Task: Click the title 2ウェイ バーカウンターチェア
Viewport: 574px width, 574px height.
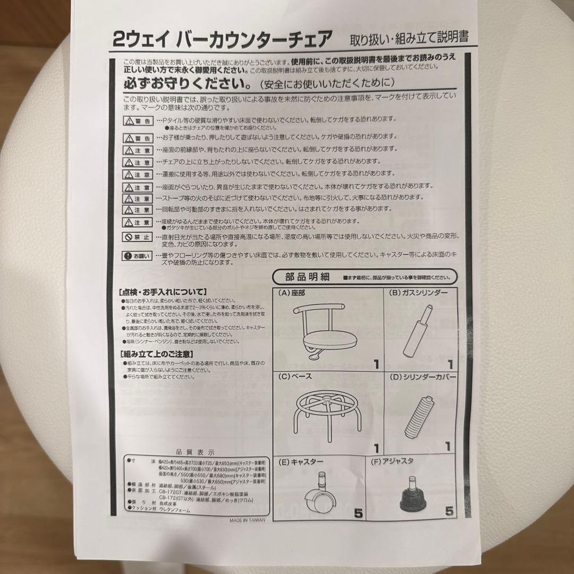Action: pyautogui.click(x=223, y=39)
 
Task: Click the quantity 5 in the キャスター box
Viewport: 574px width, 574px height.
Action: pyautogui.click(x=358, y=513)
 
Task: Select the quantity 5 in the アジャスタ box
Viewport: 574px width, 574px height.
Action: pyautogui.click(x=449, y=512)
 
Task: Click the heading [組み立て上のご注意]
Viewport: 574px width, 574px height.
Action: pyautogui.click(x=156, y=353)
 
